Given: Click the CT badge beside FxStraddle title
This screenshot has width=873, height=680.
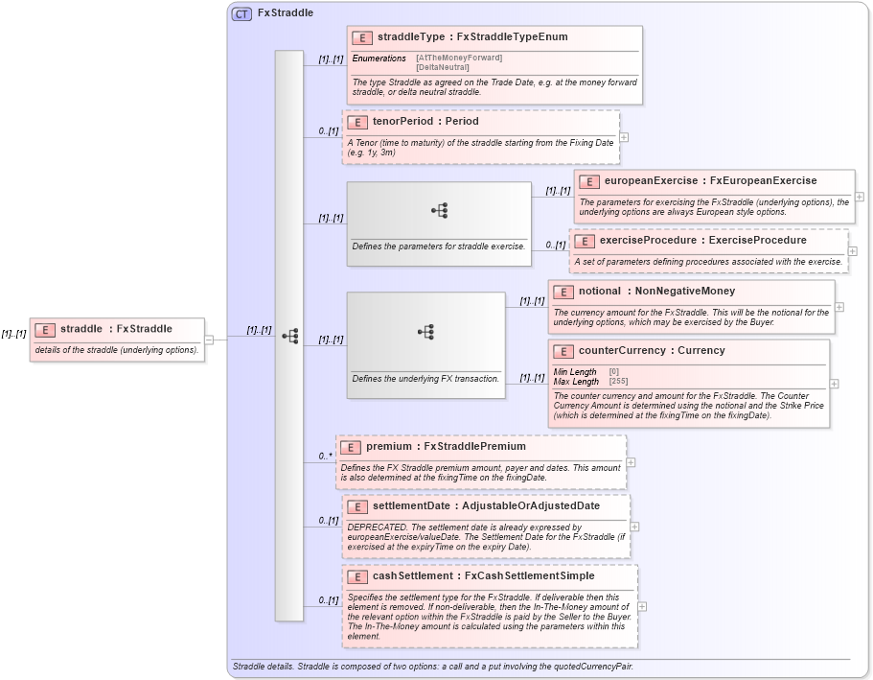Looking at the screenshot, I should tap(241, 13).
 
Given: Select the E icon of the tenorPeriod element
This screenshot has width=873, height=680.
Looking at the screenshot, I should tap(356, 123).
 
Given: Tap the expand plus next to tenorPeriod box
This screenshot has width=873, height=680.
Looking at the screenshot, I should tap(625, 136).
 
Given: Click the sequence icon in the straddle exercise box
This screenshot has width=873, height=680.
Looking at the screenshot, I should tap(439, 211).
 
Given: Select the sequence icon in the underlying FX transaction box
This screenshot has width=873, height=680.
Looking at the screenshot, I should tap(425, 332).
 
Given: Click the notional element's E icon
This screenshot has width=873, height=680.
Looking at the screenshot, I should tap(563, 292).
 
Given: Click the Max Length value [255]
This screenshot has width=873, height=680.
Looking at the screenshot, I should tap(618, 382).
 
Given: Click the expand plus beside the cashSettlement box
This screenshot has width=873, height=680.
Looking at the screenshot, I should tap(642, 606).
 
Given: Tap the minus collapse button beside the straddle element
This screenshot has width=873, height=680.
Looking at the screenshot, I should tap(209, 338).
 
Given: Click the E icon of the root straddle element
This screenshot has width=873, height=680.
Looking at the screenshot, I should tap(44, 330).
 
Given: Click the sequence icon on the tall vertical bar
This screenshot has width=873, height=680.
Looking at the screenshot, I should tap(289, 337).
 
